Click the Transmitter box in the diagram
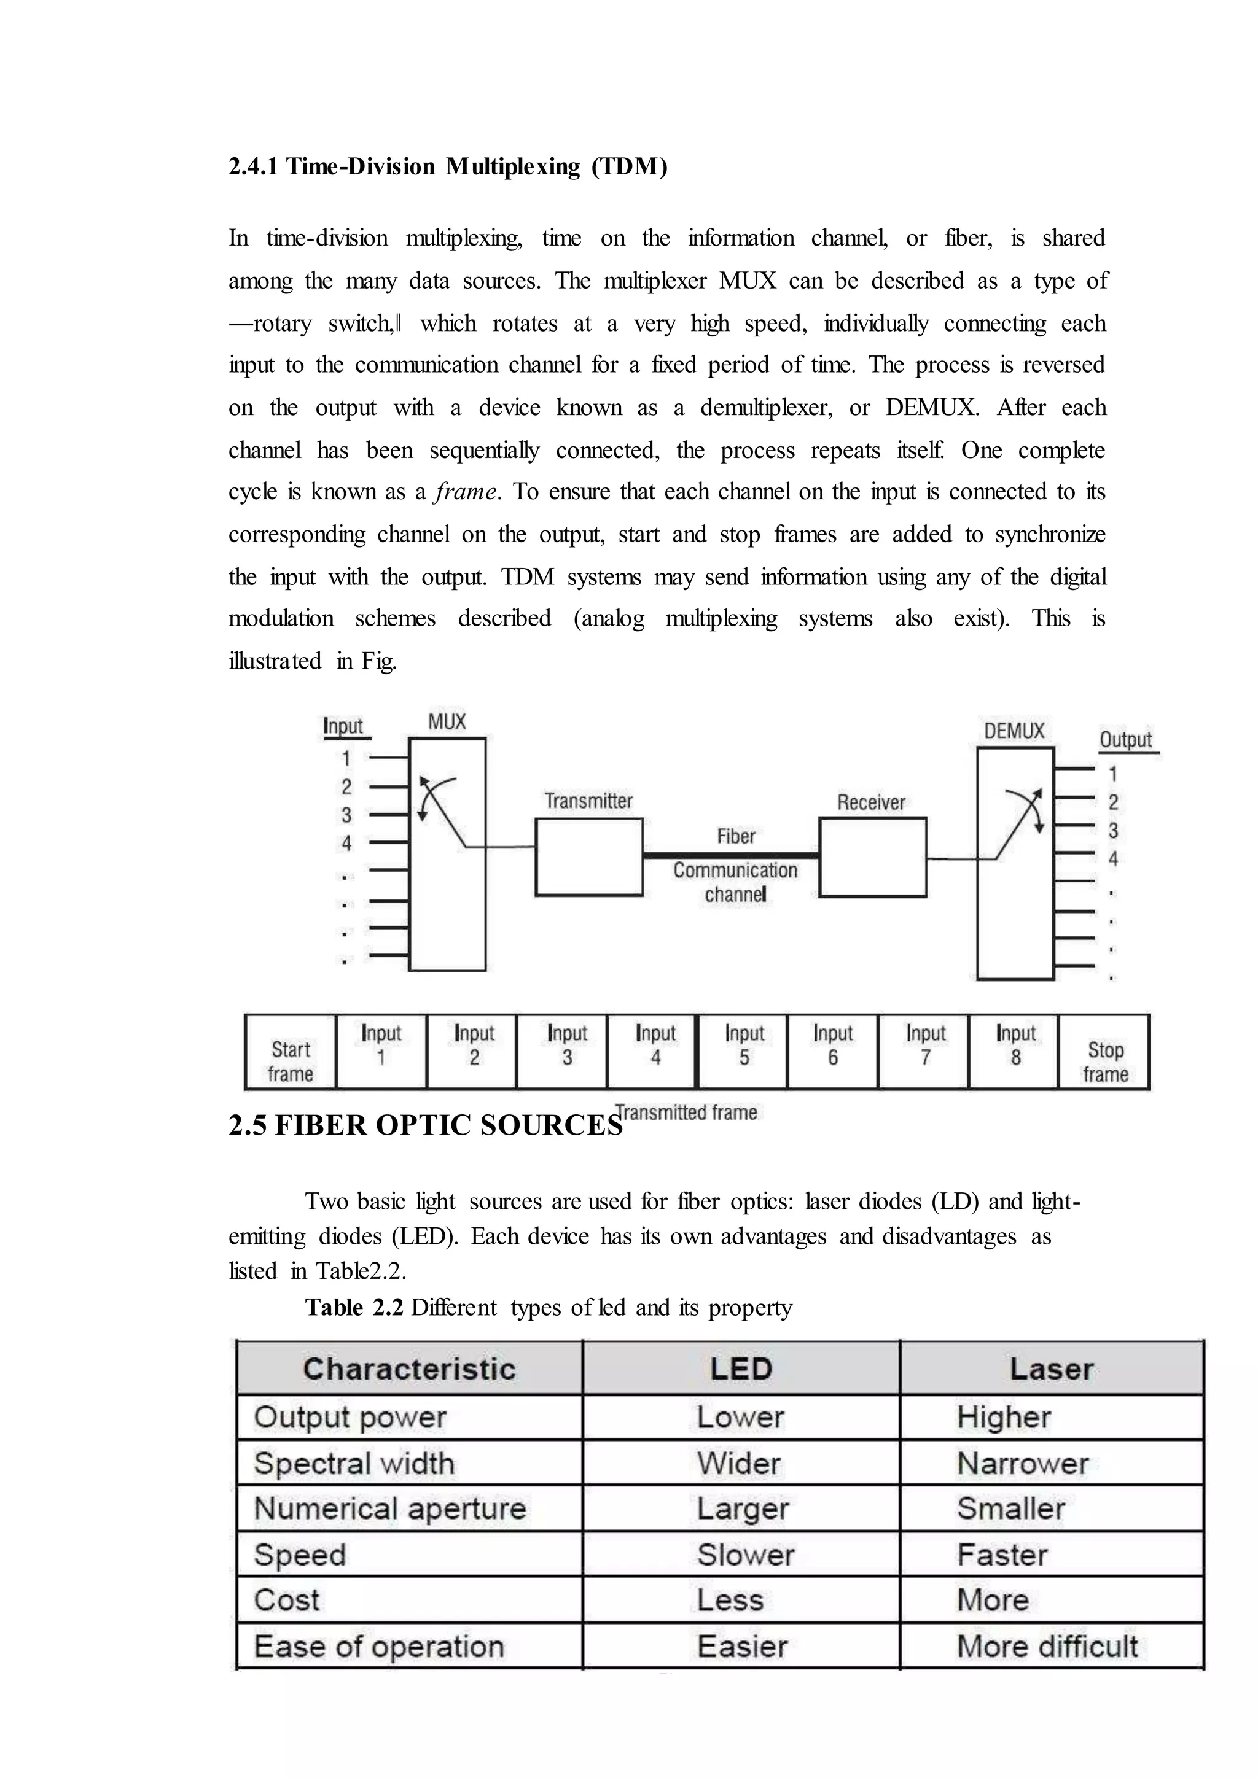(x=588, y=856)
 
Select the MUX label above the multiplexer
(x=447, y=722)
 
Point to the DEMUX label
(x=1014, y=731)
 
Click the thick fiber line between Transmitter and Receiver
(x=730, y=855)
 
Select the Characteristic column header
(x=409, y=1369)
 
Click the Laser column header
(x=1051, y=1369)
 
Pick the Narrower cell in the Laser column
(x=1023, y=1464)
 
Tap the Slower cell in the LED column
(x=745, y=1555)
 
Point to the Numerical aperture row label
(x=389, y=1508)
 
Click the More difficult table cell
(x=1047, y=1647)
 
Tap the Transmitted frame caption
(x=688, y=1113)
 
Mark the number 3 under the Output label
(x=1113, y=831)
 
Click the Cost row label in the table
(x=287, y=1600)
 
